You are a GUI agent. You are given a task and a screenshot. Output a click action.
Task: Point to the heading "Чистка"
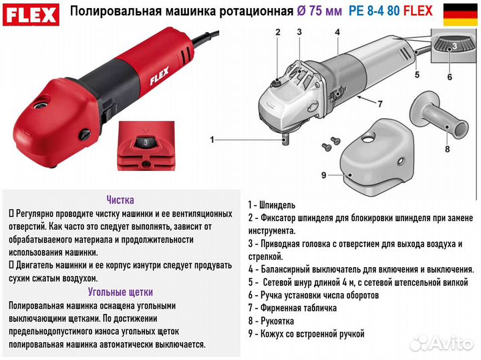(120, 200)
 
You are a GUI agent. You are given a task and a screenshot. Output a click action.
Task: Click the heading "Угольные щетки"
(120, 292)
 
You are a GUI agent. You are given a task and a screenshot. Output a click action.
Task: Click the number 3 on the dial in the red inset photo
(144, 142)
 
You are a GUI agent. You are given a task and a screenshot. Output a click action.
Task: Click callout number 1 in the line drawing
(212, 140)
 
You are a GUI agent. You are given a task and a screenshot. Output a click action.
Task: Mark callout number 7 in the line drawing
(379, 104)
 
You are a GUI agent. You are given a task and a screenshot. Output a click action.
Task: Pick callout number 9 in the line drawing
(322, 175)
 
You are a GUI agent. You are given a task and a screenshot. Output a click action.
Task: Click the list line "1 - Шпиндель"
(272, 205)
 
